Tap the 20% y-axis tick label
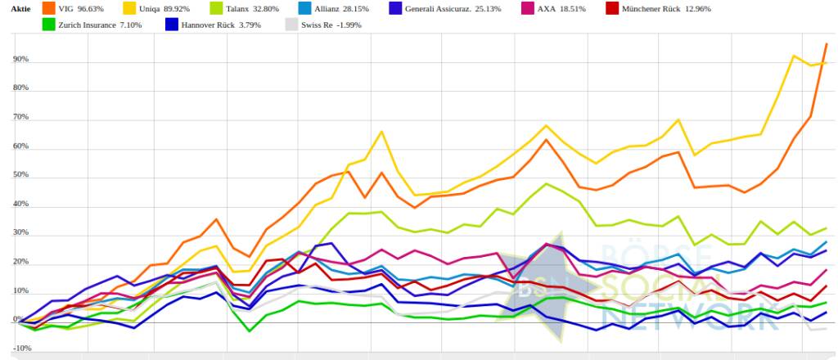20,263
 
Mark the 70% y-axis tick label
20,118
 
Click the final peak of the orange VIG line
826,44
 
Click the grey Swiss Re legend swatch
292,25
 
